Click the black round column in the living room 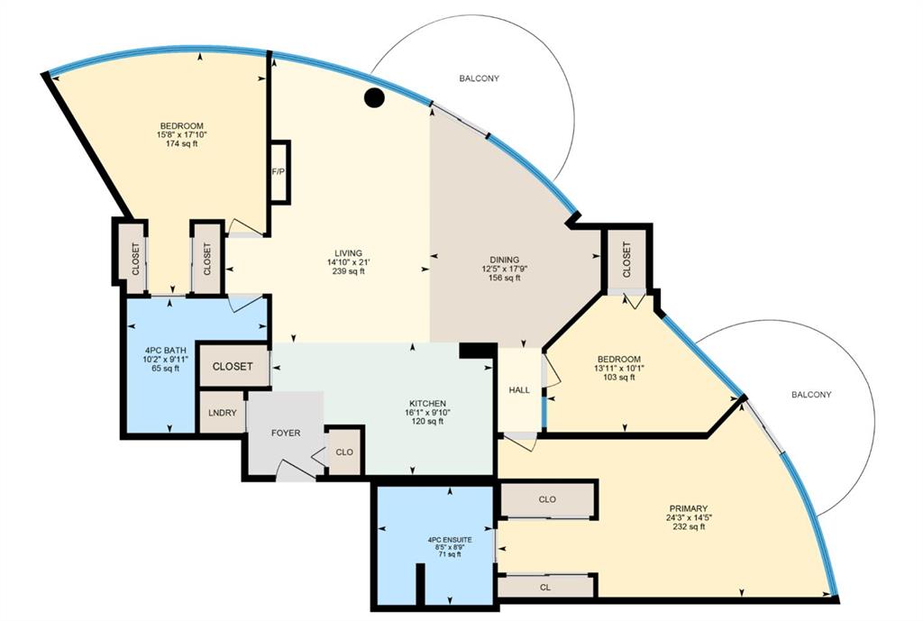(374, 97)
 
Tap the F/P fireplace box (279, 172)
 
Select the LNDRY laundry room (223, 413)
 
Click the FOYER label (286, 434)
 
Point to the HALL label (519, 389)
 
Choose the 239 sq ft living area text (349, 271)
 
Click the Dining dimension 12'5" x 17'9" (505, 269)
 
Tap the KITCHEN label (428, 403)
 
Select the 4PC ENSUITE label (450, 539)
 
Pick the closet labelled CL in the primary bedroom (545, 586)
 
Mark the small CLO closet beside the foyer (344, 452)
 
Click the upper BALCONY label (480, 78)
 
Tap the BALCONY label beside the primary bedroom (811, 395)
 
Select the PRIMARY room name (688, 508)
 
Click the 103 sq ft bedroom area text (619, 378)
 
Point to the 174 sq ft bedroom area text (182, 143)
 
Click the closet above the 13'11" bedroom (626, 260)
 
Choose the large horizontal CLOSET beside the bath (233, 366)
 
